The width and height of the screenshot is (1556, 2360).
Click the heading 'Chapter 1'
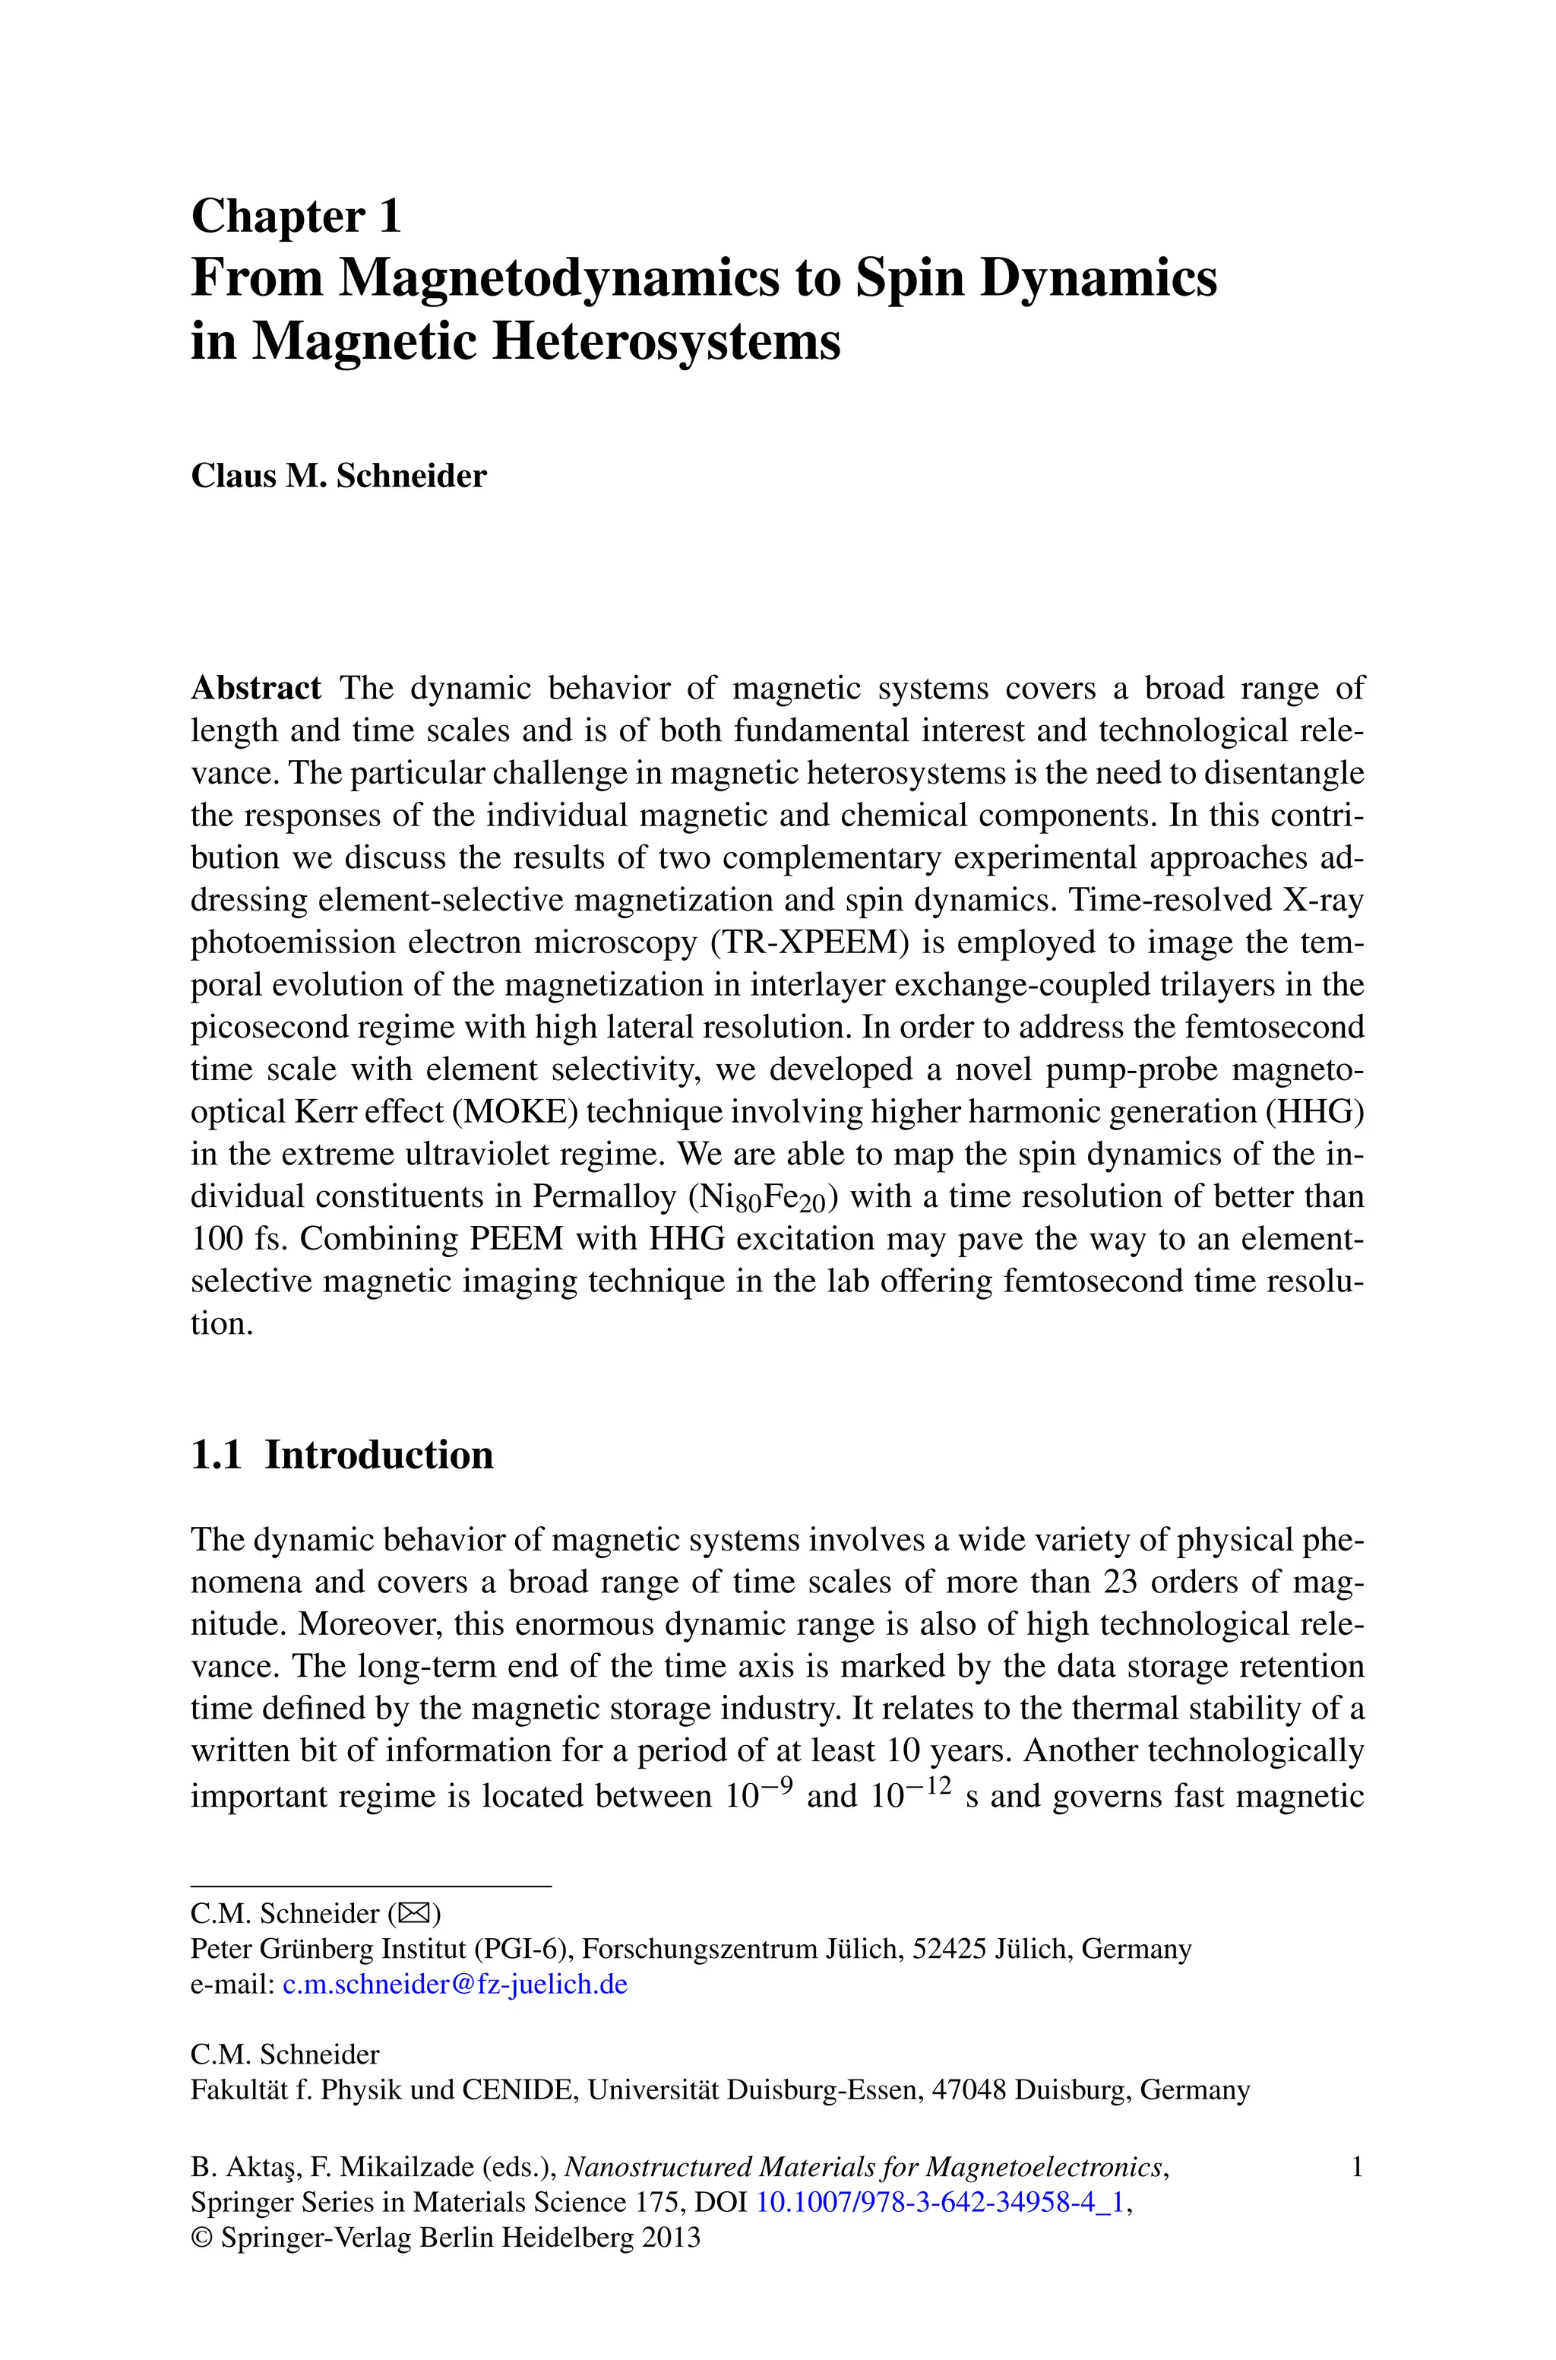[296, 217]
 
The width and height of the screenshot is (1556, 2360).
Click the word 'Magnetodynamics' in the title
[558, 278]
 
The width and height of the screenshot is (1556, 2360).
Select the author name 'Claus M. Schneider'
[338, 477]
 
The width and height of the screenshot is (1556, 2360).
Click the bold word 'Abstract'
[256, 688]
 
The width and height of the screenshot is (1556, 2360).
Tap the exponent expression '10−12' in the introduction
[910, 1795]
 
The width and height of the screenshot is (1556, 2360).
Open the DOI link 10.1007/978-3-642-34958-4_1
[941, 2202]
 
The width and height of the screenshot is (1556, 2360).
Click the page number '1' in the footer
[1356, 2168]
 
